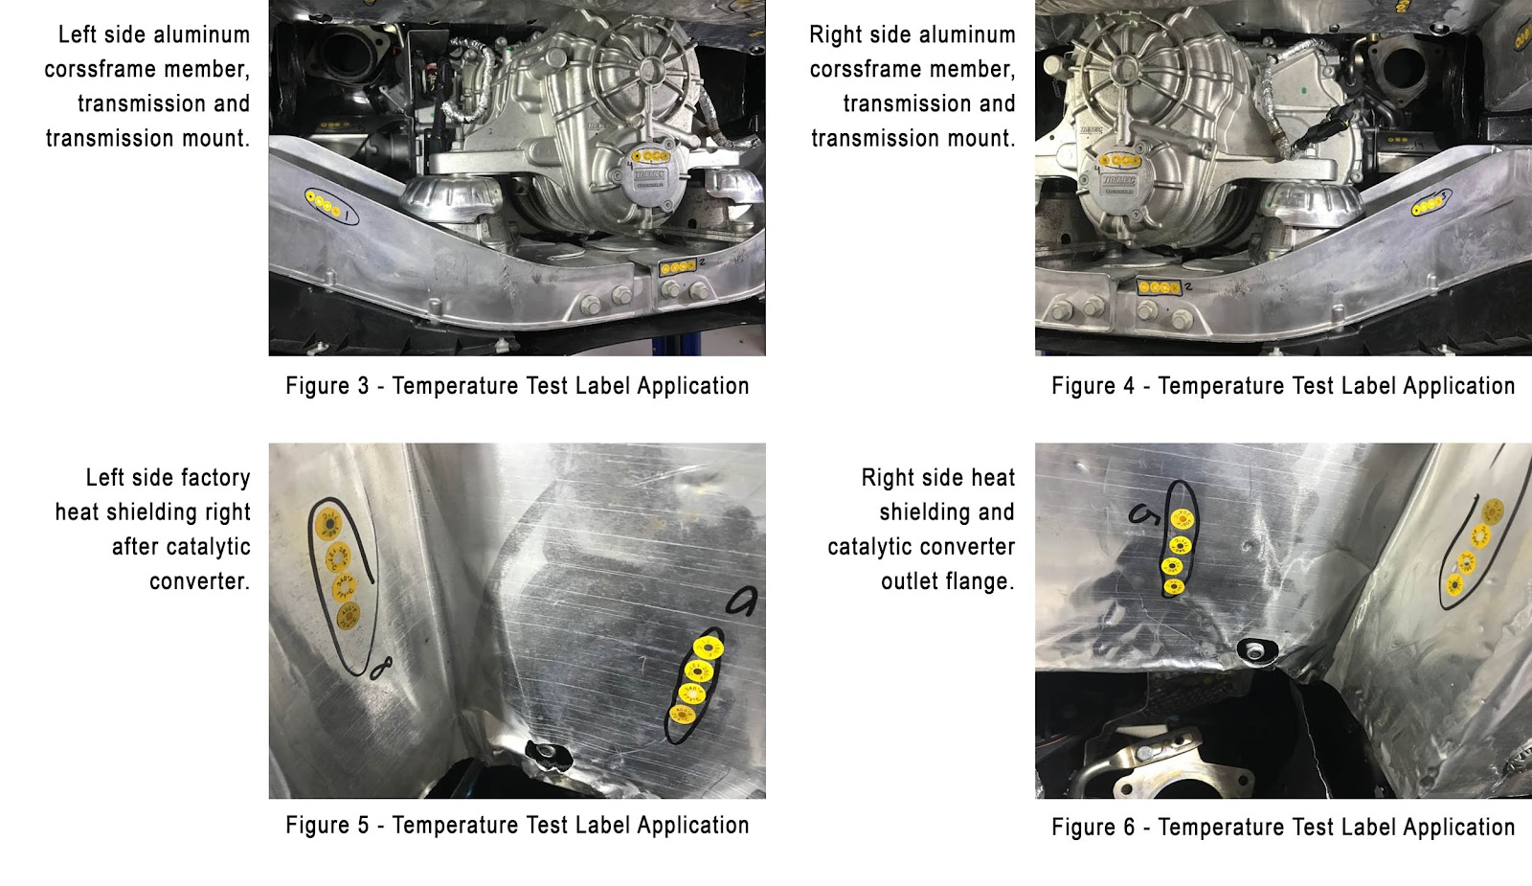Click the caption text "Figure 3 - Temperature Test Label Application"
(x=517, y=386)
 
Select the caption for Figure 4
(x=1283, y=386)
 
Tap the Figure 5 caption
(x=517, y=825)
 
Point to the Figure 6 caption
(x=1283, y=828)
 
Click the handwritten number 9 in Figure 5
(x=741, y=602)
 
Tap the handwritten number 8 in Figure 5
(x=382, y=668)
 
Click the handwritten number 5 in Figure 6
(x=1144, y=513)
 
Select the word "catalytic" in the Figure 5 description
(x=181, y=547)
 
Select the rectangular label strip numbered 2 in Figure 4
(x=1159, y=287)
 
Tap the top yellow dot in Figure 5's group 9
(x=709, y=647)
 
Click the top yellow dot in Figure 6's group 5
(x=1182, y=519)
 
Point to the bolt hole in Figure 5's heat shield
(x=547, y=753)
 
